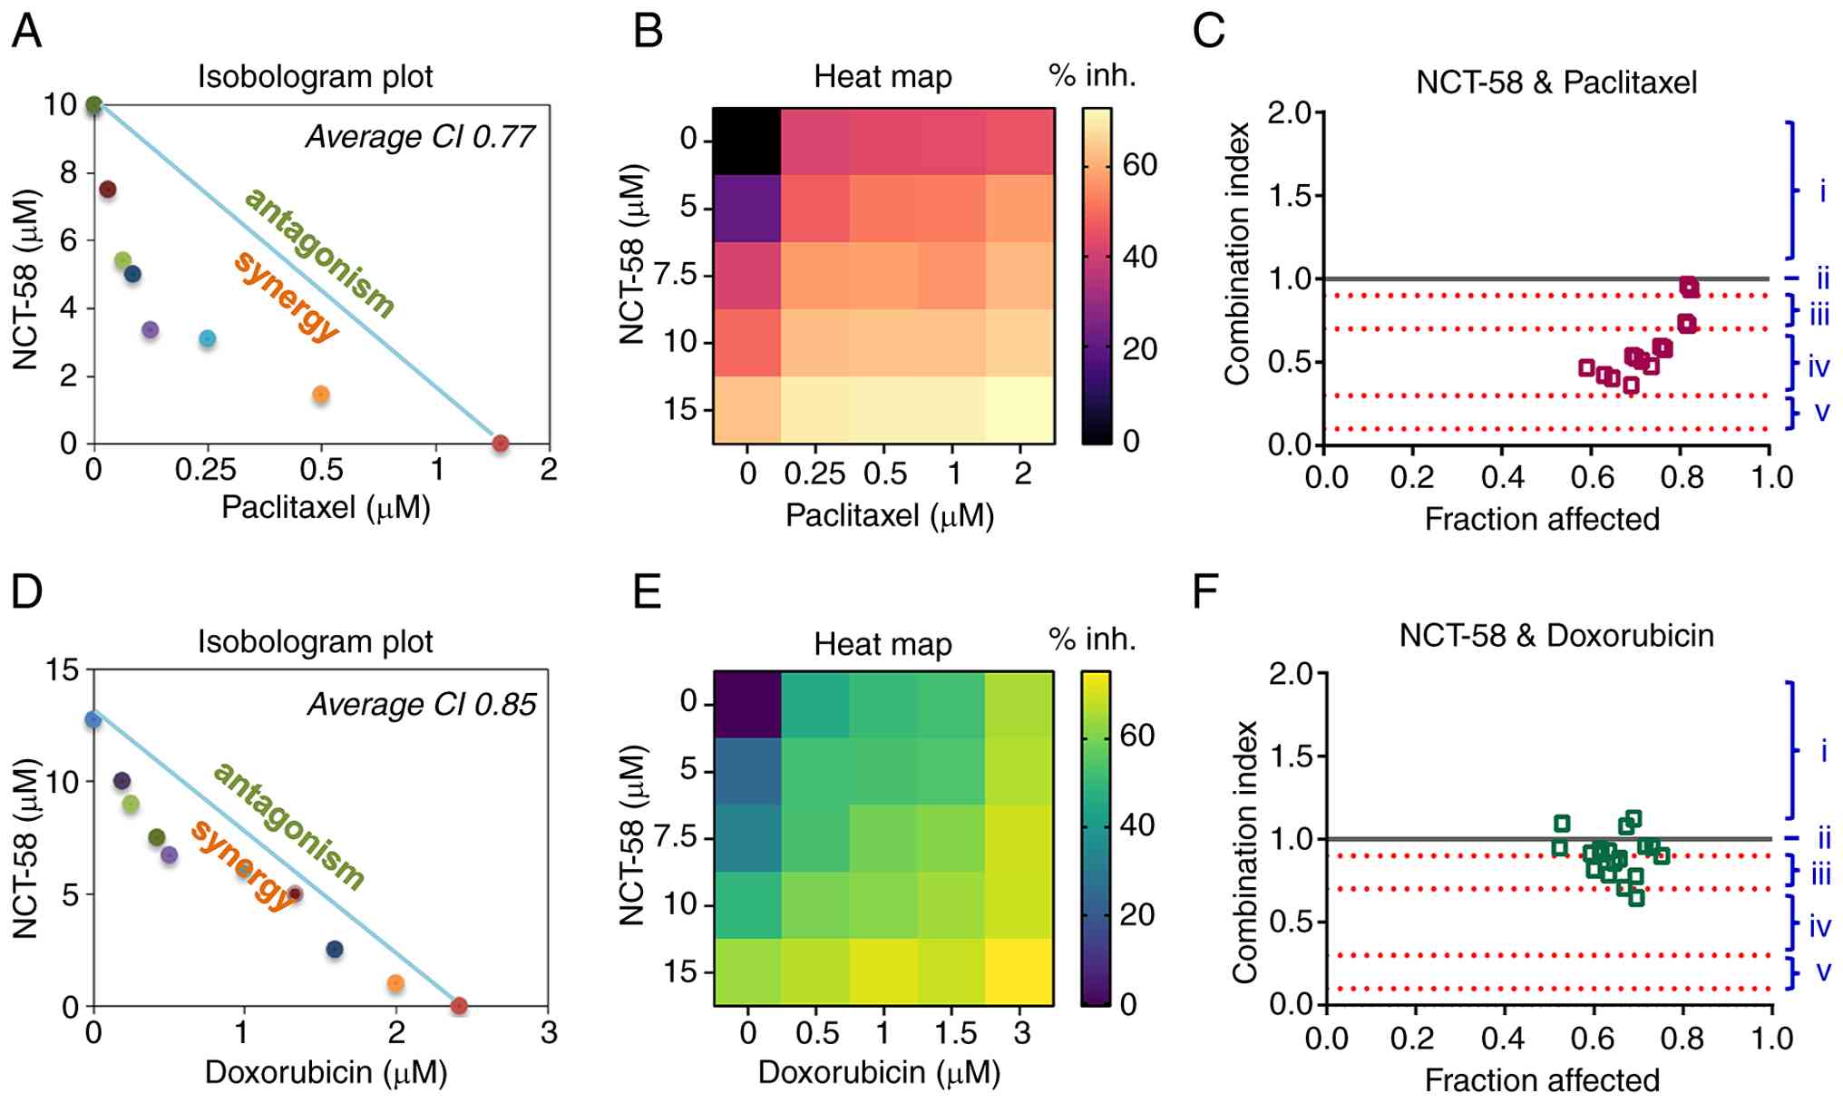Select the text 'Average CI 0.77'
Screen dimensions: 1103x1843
pyautogui.click(x=420, y=137)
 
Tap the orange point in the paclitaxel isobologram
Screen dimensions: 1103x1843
pyautogui.click(x=320, y=395)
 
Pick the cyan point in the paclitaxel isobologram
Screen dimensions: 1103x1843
pyautogui.click(x=208, y=339)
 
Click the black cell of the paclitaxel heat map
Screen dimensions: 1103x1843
pyautogui.click(x=746, y=142)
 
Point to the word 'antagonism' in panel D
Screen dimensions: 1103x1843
pyautogui.click(x=288, y=826)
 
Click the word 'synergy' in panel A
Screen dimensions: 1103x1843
pyautogui.click(x=287, y=296)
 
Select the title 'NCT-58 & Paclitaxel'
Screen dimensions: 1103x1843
pyautogui.click(x=1556, y=83)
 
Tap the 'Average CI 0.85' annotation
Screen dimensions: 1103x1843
pyautogui.click(x=422, y=705)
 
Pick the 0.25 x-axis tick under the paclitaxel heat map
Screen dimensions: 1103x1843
pyautogui.click(x=814, y=473)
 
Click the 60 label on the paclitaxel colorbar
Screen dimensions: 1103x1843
pyautogui.click(x=1139, y=165)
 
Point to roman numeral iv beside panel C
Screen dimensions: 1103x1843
pyautogui.click(x=1819, y=366)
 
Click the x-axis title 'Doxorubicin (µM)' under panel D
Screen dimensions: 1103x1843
pyautogui.click(x=326, y=1072)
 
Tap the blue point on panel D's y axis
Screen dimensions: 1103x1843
pyautogui.click(x=93, y=720)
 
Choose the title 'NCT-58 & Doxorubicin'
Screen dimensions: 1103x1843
pyautogui.click(x=1556, y=636)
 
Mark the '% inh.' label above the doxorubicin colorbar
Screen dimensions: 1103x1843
pyautogui.click(x=1092, y=639)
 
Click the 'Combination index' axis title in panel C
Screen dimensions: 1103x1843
pyautogui.click(x=1238, y=254)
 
